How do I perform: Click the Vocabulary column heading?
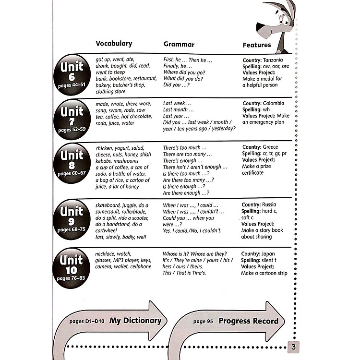click(114, 44)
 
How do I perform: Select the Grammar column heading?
click(179, 45)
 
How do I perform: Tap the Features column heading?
click(257, 45)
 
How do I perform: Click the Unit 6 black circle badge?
click(72, 74)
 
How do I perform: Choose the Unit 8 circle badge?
click(72, 164)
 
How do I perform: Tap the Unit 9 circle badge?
click(72, 219)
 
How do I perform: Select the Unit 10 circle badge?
click(72, 267)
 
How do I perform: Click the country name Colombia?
click(273, 103)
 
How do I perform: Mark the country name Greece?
click(270, 147)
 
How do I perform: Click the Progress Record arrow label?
click(248, 321)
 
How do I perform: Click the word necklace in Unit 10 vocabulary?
click(107, 253)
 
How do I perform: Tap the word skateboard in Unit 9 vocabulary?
click(109, 205)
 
